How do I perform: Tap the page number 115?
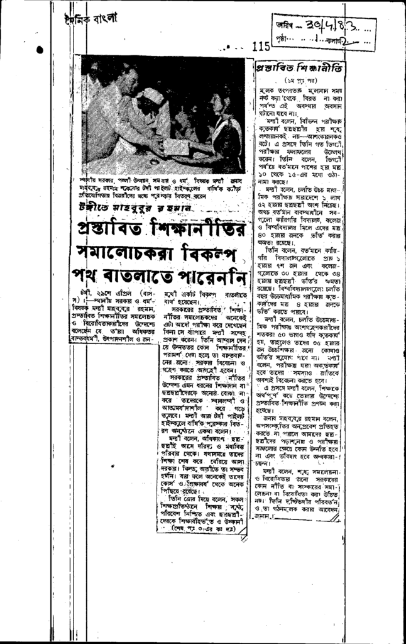(261, 46)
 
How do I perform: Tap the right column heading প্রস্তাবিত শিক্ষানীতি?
(291, 68)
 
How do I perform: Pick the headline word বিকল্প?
(212, 257)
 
